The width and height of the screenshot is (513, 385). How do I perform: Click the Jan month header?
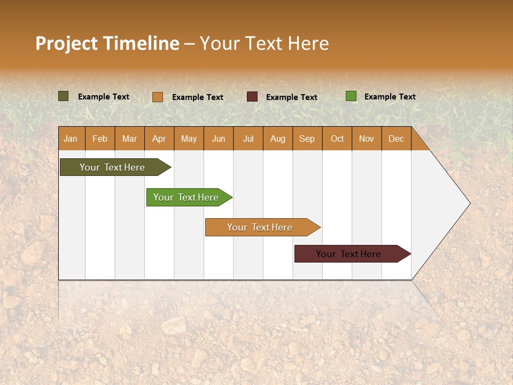pos(71,139)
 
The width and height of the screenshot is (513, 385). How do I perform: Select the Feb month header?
pos(100,139)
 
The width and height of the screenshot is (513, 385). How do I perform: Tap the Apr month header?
pos(159,139)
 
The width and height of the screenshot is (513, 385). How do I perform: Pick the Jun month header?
pos(219,139)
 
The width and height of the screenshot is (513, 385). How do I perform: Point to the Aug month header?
pos(277,139)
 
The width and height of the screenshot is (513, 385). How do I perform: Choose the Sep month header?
pos(307,139)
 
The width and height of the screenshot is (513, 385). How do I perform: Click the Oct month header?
pos(337,139)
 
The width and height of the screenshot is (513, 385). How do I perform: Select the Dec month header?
pos(396,139)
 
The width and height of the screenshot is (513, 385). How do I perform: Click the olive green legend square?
pos(64,96)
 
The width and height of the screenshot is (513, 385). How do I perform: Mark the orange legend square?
pos(158,97)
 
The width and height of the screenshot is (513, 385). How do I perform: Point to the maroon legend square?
pos(252,97)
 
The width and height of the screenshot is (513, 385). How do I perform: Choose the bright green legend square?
pos(351,96)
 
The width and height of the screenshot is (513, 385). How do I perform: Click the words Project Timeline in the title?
pos(107,43)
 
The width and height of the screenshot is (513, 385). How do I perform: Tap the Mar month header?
pos(129,139)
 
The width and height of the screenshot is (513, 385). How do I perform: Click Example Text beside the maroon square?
pos(291,97)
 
